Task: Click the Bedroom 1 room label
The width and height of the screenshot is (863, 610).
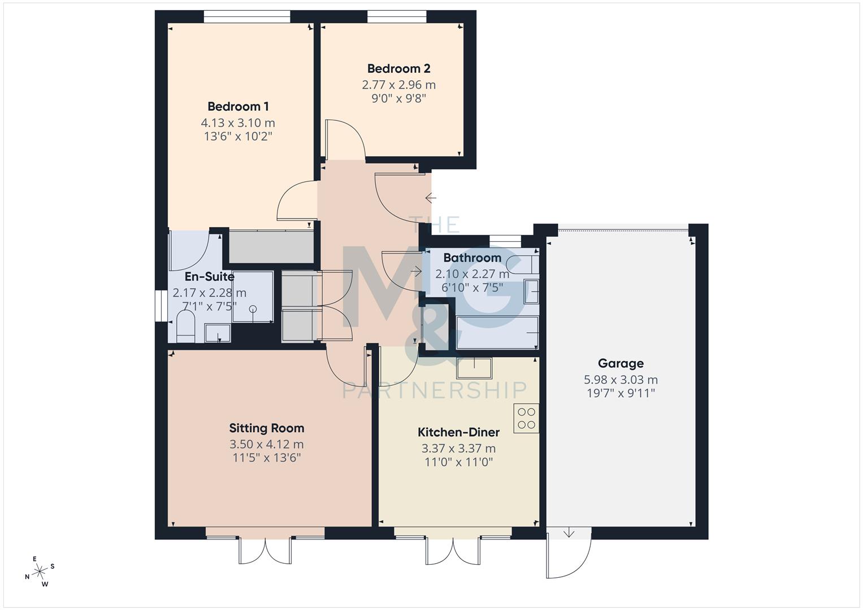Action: pyautogui.click(x=238, y=106)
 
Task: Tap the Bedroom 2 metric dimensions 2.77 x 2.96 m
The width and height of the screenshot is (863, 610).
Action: pyautogui.click(x=398, y=85)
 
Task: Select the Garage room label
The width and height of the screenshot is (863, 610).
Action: pyautogui.click(x=621, y=363)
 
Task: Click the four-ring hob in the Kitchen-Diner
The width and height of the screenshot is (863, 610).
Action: pyautogui.click(x=526, y=419)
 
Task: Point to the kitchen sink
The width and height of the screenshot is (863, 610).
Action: pyautogui.click(x=474, y=368)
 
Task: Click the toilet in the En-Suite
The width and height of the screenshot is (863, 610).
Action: pyautogui.click(x=185, y=328)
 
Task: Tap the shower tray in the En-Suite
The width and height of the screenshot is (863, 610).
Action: pyautogui.click(x=253, y=297)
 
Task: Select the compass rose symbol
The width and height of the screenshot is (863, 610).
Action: pyautogui.click(x=40, y=572)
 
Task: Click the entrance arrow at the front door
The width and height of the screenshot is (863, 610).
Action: pyautogui.click(x=431, y=198)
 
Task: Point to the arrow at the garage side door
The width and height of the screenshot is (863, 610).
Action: pyautogui.click(x=569, y=533)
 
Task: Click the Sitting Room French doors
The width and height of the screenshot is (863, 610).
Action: pyautogui.click(x=266, y=549)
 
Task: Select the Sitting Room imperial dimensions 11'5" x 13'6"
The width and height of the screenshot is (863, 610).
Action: pyautogui.click(x=266, y=457)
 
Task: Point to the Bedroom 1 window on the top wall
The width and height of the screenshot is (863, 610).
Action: pyautogui.click(x=247, y=17)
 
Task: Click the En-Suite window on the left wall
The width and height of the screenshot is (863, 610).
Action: pyautogui.click(x=162, y=306)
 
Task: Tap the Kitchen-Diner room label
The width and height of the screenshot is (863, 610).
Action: pyautogui.click(x=458, y=432)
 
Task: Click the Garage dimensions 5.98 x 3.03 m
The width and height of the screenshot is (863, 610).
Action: pyautogui.click(x=621, y=380)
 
